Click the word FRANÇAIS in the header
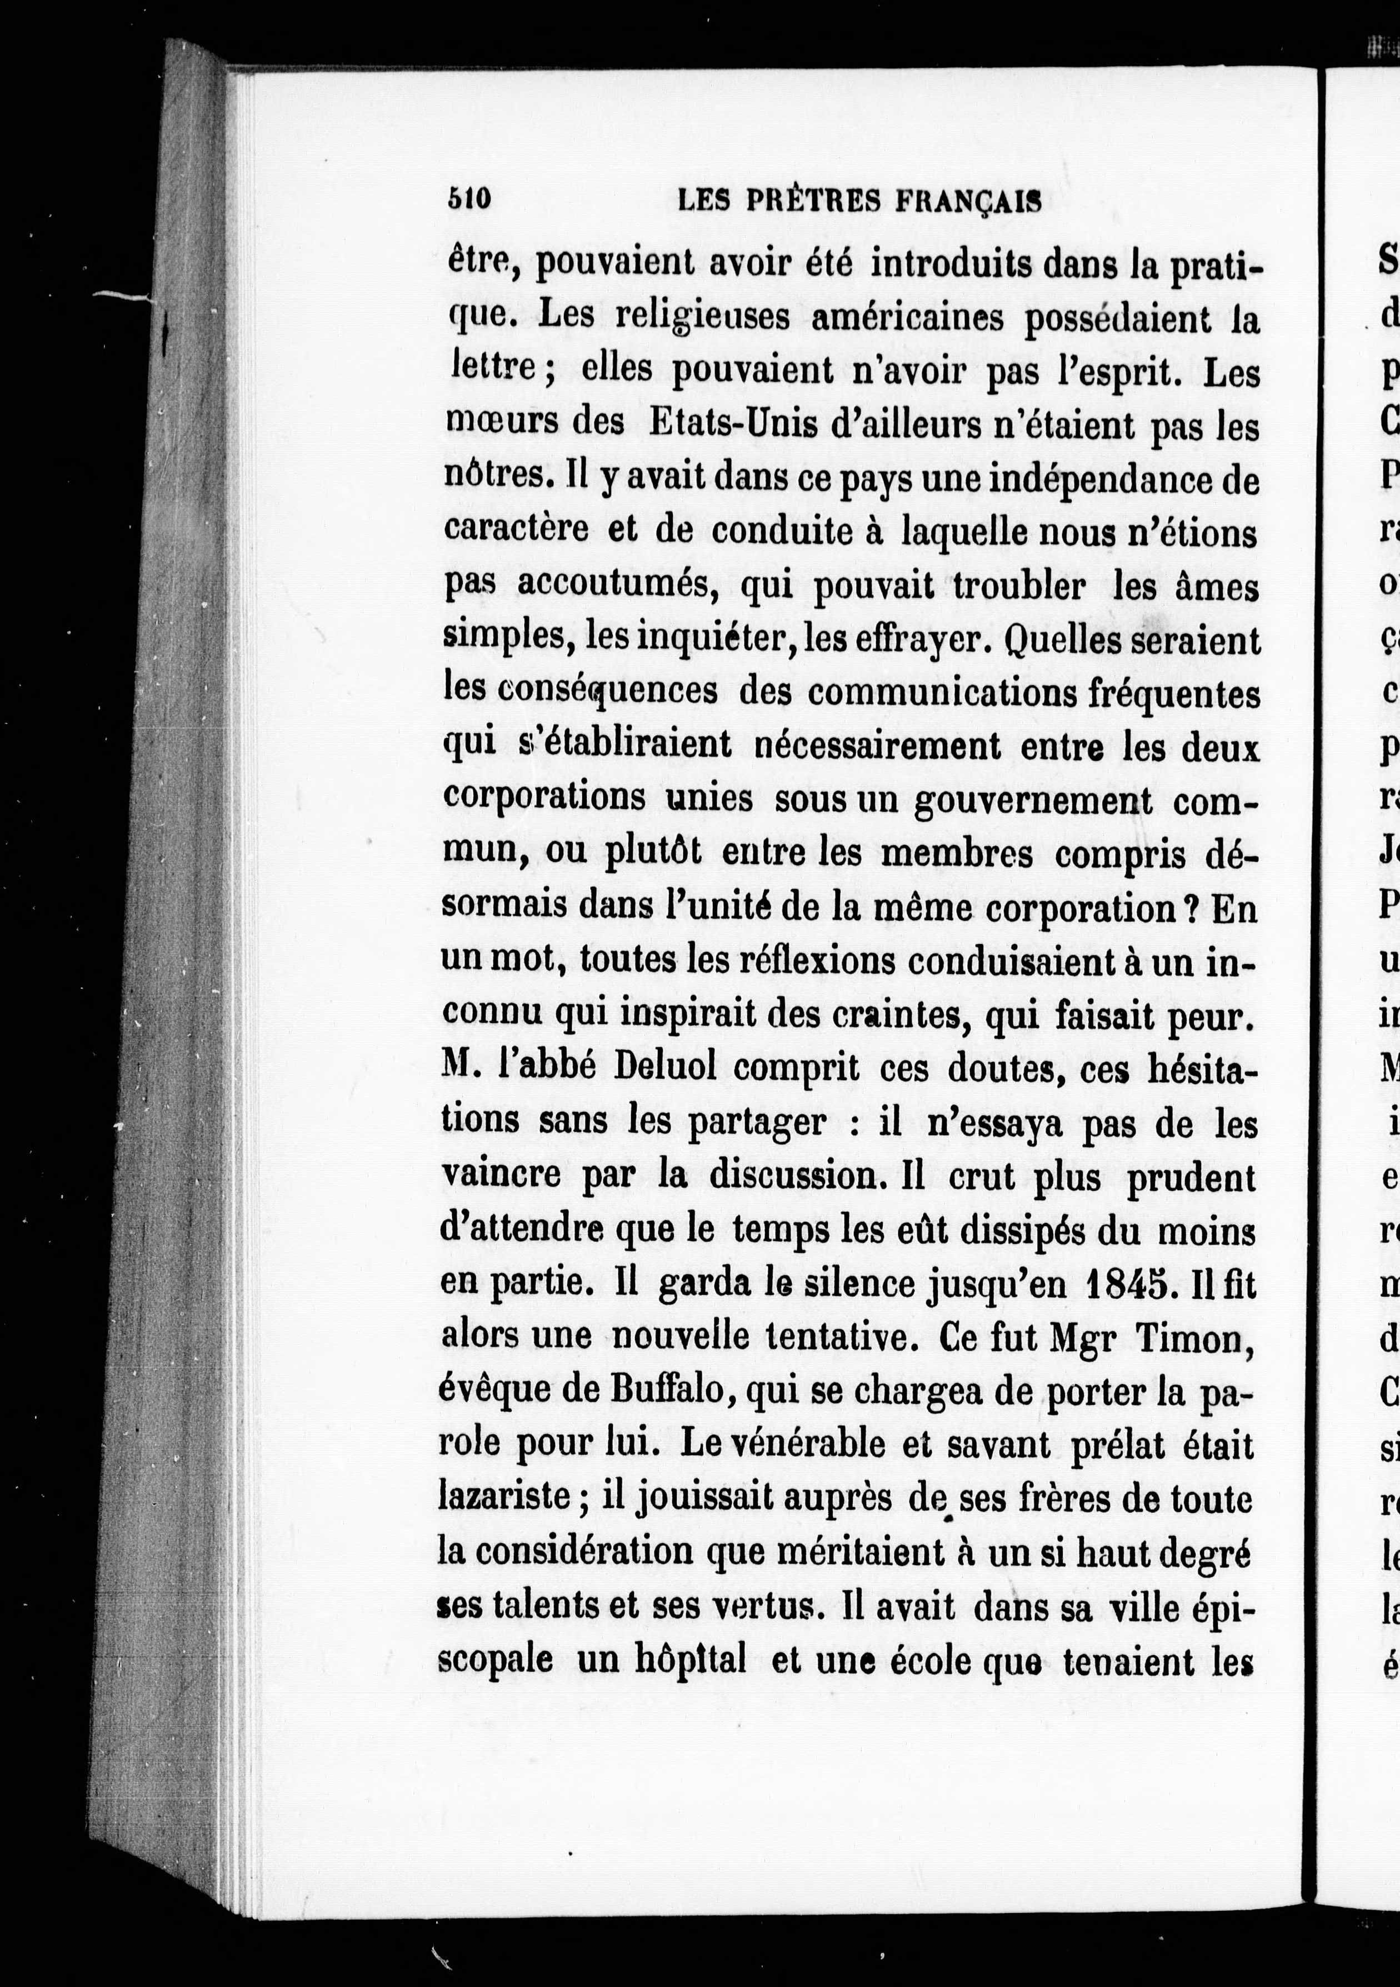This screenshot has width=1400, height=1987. tap(967, 202)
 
